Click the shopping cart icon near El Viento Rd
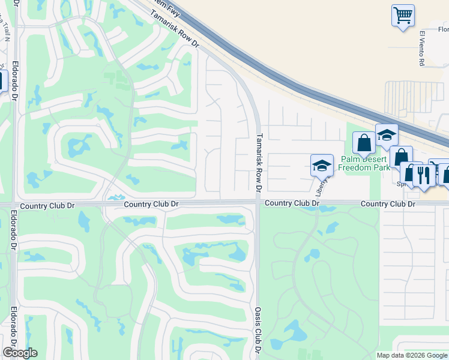pos(403,15)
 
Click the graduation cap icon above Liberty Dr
pos(322,164)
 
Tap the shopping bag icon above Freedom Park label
pos(363,143)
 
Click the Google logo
pos(20,353)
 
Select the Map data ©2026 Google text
pos(412,355)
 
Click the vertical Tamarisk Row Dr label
pos(259,163)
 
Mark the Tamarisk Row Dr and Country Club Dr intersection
pos(258,203)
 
